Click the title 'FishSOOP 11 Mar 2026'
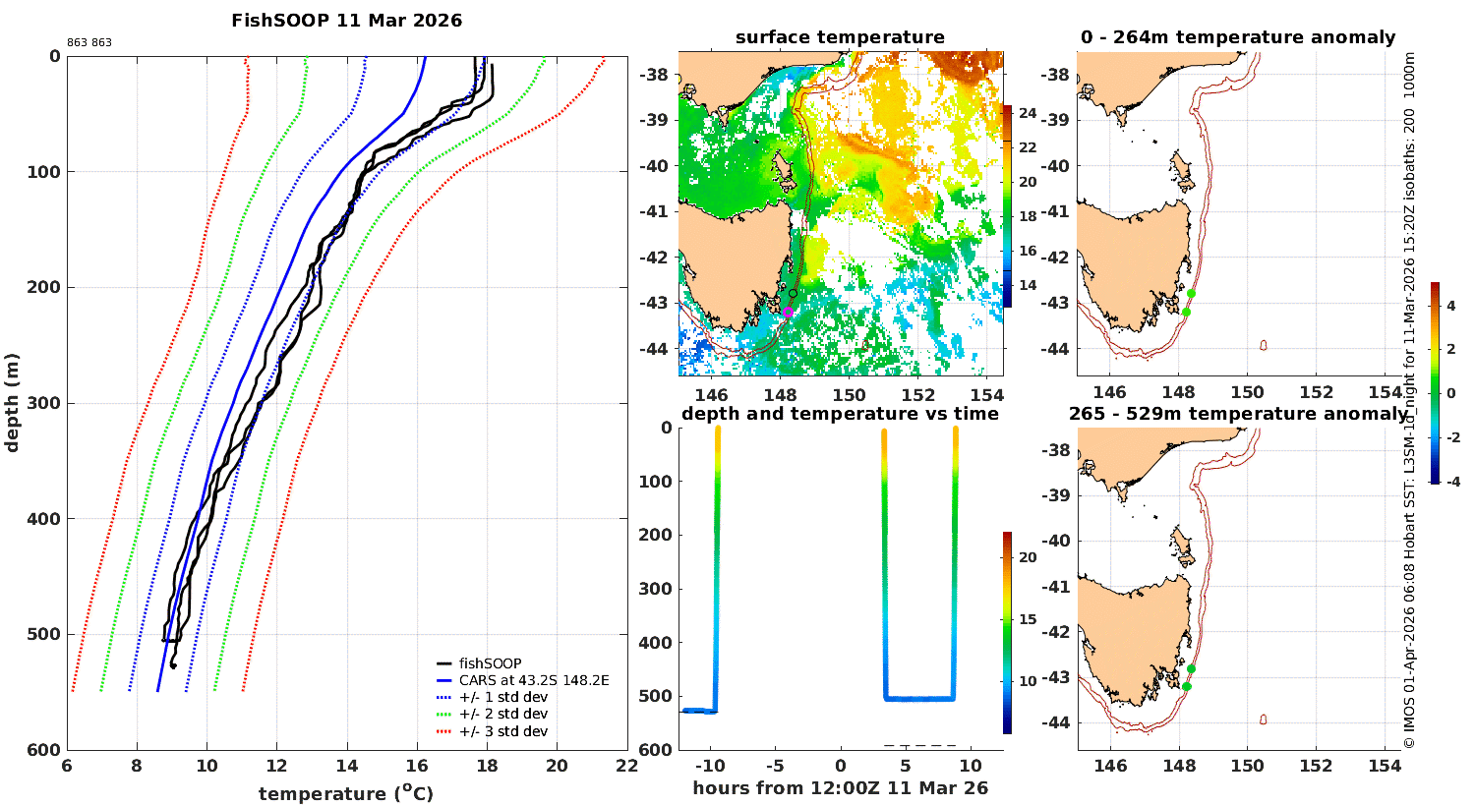pyautogui.click(x=346, y=21)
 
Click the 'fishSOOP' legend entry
pyautogui.click(x=490, y=663)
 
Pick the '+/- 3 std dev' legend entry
pyautogui.click(x=502, y=731)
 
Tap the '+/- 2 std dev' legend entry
pyautogui.click(x=502, y=714)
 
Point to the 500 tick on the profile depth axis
pyautogui.click(x=45, y=634)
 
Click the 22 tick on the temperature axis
pyautogui.click(x=626, y=767)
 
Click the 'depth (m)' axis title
pyautogui.click(x=13, y=402)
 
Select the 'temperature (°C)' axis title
pyautogui.click(x=346, y=793)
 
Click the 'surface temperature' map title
pyautogui.click(x=840, y=38)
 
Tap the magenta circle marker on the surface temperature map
pyautogui.click(x=788, y=313)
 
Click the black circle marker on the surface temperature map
pyautogui.click(x=793, y=293)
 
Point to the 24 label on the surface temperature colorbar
pyautogui.click(x=1028, y=113)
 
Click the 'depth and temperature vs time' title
pyautogui.click(x=840, y=414)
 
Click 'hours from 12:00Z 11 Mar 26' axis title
pyautogui.click(x=840, y=788)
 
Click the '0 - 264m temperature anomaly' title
pyautogui.click(x=1237, y=38)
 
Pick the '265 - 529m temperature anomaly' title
pyautogui.click(x=1237, y=414)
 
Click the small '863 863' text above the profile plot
pyautogui.click(x=89, y=43)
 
